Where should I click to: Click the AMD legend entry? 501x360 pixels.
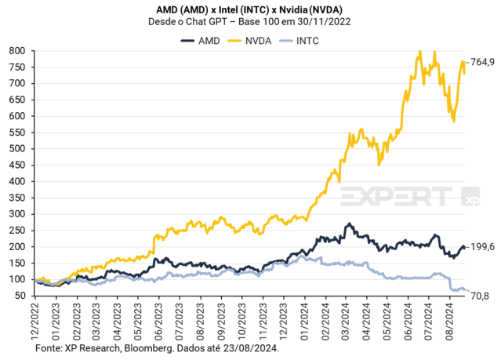point(201,40)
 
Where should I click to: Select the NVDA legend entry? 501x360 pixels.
point(255,40)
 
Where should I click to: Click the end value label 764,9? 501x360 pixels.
point(481,62)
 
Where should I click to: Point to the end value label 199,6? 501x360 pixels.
point(481,246)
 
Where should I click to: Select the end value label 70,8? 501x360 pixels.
point(479,296)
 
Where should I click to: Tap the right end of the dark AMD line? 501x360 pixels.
point(465,246)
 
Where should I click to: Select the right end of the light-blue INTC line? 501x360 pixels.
point(464,290)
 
